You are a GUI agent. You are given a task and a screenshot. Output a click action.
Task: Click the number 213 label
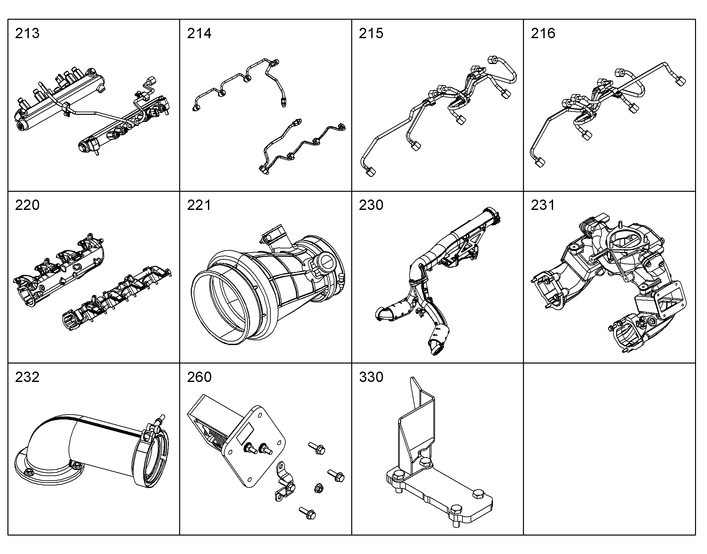coord(27,33)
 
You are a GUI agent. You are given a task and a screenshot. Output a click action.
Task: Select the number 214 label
coord(199,33)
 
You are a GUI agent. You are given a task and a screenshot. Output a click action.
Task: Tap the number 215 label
coord(371,33)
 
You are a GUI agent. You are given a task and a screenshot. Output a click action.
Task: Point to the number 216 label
coord(543,33)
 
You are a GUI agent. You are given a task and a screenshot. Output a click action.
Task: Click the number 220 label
coord(27,205)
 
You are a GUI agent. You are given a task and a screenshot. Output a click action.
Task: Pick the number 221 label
coord(199,205)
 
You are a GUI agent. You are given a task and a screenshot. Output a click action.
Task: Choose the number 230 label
coord(371,205)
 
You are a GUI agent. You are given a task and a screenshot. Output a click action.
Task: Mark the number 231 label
coord(543,205)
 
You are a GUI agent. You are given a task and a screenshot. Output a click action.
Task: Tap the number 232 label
coord(27,377)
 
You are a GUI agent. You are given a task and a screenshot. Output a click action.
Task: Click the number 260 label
coord(199,377)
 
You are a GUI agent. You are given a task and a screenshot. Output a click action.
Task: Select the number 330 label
coord(371,377)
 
